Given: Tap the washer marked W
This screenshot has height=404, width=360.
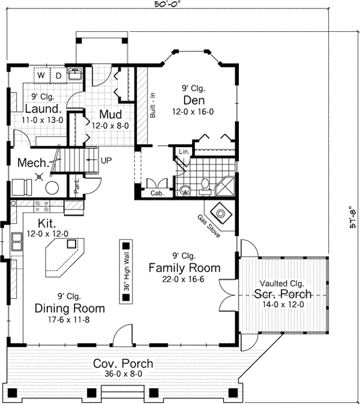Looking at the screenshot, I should pos(41,76).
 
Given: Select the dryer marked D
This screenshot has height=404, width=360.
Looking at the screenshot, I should pos(58,76).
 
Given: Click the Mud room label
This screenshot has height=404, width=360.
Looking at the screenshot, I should pos(112,115).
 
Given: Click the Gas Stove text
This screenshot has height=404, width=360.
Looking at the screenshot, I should pos(208,224).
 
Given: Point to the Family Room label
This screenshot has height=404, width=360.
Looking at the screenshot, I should pos(184,268).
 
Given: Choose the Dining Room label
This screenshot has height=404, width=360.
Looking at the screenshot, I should pos(70,309).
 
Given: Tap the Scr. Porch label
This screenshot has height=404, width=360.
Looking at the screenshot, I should pos(283,294).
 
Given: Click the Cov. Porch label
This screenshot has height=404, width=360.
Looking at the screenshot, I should pos(122,364).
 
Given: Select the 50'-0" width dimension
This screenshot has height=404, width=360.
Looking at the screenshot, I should pos(168,5).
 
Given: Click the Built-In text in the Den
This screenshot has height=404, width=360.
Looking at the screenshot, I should pos(153,104).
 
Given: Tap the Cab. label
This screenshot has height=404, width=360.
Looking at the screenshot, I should pos(157,193).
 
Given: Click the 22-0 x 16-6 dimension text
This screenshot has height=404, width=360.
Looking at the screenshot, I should pos(184,280).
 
